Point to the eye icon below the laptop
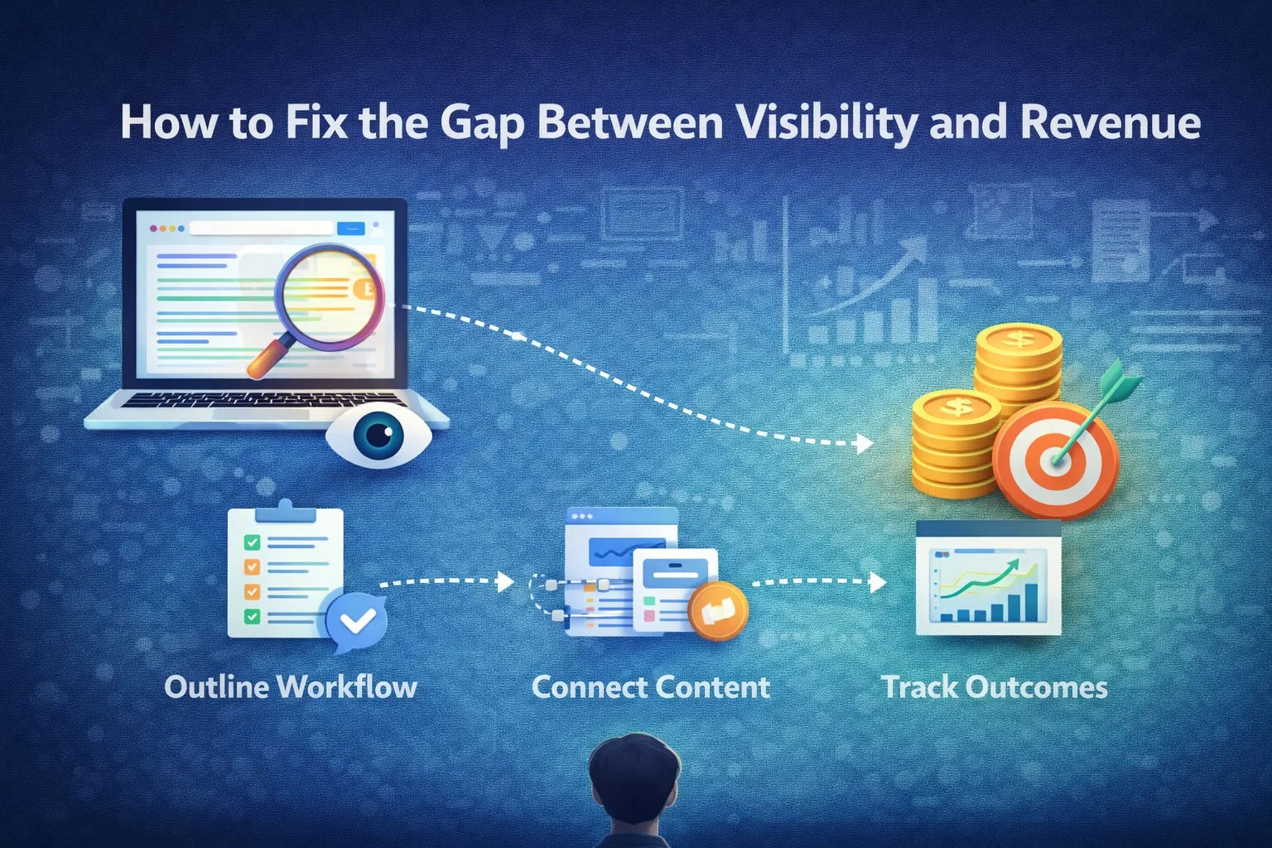click(378, 436)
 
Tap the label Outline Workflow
click(291, 687)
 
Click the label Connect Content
click(651, 687)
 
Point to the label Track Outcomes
click(995, 687)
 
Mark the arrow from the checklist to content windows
click(447, 581)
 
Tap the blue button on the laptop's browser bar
click(351, 229)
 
